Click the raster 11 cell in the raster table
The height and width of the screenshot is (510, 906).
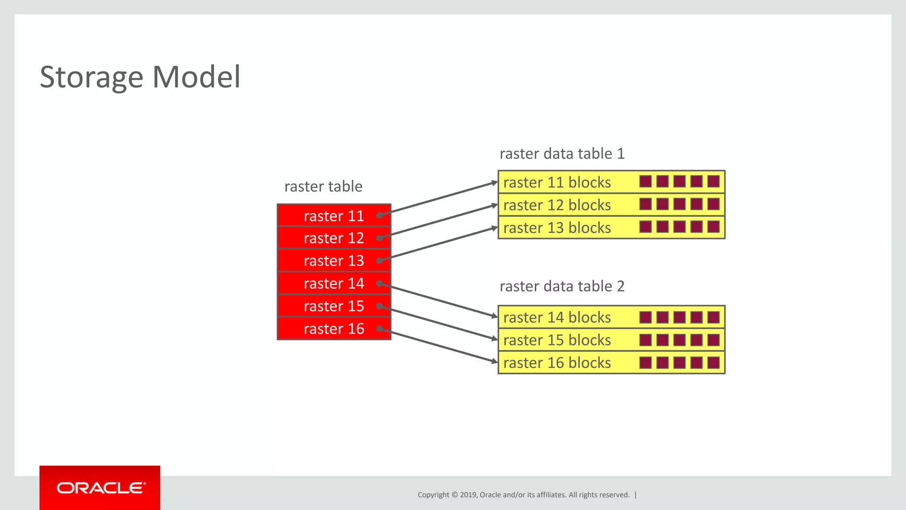pyautogui.click(x=334, y=216)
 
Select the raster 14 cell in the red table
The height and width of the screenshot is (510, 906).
pyautogui.click(x=334, y=283)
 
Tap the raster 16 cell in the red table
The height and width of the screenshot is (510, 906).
pyautogui.click(x=334, y=329)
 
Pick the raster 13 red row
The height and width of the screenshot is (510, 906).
pyautogui.click(x=334, y=261)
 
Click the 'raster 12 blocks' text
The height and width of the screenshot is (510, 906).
pyautogui.click(x=557, y=205)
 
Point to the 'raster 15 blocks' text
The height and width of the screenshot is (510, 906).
pyautogui.click(x=557, y=340)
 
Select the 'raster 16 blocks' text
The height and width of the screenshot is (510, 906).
pyautogui.click(x=557, y=363)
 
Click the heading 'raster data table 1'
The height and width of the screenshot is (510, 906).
pyautogui.click(x=562, y=154)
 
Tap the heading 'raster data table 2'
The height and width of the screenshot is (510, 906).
pyautogui.click(x=562, y=286)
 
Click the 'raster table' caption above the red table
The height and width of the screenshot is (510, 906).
pyautogui.click(x=323, y=186)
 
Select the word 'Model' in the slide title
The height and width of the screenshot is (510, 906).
pyautogui.click(x=196, y=77)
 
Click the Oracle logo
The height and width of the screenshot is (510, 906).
pyautogui.click(x=100, y=488)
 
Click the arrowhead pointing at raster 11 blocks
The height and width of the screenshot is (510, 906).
pyautogui.click(x=495, y=182)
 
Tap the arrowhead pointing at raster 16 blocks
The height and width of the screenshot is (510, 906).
pyautogui.click(x=495, y=361)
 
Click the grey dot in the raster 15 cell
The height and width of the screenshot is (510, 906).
pyautogui.click(x=380, y=306)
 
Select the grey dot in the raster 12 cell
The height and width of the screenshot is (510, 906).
pyautogui.click(x=380, y=238)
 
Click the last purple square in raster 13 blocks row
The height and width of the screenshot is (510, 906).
pyautogui.click(x=713, y=227)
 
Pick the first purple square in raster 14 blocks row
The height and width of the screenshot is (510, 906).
pyautogui.click(x=645, y=317)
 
